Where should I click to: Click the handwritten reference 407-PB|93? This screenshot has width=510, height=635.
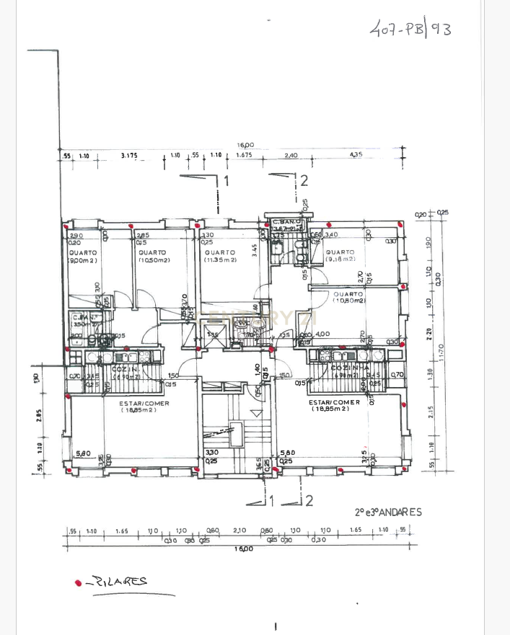click(x=410, y=30)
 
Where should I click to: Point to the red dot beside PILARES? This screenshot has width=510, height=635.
click(x=78, y=582)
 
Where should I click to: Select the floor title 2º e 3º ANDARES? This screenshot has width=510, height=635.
click(x=387, y=512)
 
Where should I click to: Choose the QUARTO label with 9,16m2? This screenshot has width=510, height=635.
click(x=340, y=253)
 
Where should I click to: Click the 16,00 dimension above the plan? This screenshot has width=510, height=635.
click(x=245, y=145)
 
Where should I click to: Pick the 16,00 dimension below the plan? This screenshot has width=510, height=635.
click(x=245, y=549)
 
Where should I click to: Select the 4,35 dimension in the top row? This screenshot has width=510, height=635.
click(x=355, y=155)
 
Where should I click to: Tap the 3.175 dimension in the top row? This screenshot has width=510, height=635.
click(x=130, y=155)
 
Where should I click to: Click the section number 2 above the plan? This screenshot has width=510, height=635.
click(x=304, y=181)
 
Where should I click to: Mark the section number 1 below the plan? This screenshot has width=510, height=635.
click(x=271, y=499)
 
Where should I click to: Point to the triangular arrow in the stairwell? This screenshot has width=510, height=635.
click(x=256, y=413)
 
